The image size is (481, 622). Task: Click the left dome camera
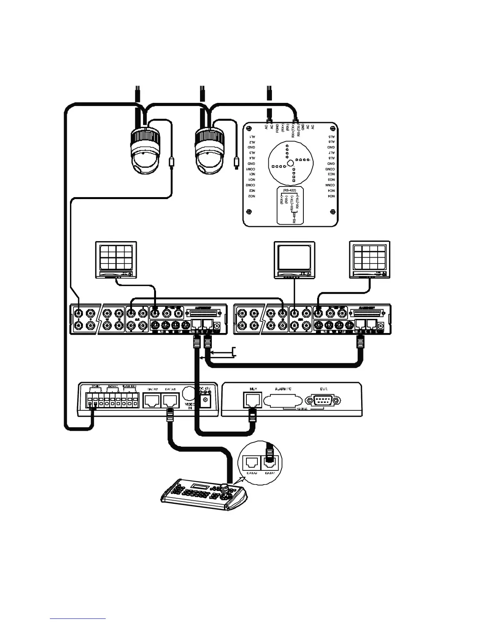pos(145,151)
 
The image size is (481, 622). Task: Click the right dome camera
pos(211,151)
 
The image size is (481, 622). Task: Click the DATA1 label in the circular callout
pos(270,474)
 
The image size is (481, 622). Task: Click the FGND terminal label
pos(277,130)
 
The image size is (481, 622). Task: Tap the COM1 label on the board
pos(251,168)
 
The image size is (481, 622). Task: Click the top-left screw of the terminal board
pos(248,127)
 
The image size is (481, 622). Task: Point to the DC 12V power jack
pos(204,400)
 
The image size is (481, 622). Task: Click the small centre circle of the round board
pos(289,163)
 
